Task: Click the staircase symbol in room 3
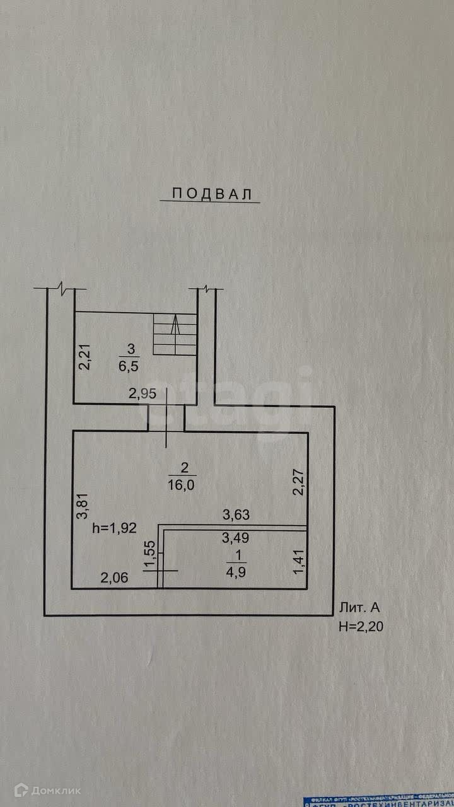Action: click(174, 334)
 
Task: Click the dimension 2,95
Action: click(142, 395)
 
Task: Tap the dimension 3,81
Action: click(81, 506)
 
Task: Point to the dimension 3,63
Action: click(236, 515)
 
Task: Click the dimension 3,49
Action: click(236, 538)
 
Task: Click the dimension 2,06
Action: click(115, 576)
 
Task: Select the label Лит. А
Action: click(359, 608)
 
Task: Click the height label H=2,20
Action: click(361, 627)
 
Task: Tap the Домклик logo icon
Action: click(21, 789)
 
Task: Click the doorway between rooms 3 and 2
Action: click(166, 419)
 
